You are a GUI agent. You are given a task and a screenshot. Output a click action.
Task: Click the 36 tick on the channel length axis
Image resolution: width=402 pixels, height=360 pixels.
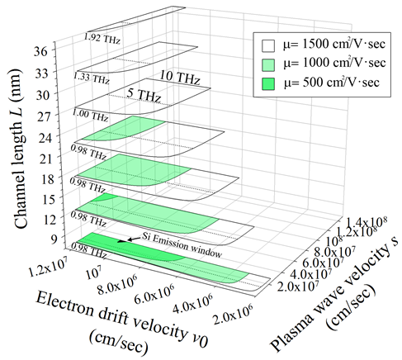click(40, 51)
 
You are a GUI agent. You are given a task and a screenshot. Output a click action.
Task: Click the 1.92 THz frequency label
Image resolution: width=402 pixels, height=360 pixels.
click(102, 39)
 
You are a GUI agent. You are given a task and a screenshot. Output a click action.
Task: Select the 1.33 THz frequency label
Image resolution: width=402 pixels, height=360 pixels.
click(91, 78)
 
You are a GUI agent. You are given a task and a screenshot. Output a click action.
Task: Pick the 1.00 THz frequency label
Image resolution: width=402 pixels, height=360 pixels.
click(90, 115)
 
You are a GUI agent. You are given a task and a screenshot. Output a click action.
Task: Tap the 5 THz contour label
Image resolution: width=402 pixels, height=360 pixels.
click(144, 95)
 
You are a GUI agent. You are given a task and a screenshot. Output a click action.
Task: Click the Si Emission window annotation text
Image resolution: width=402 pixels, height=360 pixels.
click(182, 245)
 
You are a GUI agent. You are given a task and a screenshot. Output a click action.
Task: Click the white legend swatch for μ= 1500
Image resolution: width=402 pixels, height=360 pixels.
click(268, 45)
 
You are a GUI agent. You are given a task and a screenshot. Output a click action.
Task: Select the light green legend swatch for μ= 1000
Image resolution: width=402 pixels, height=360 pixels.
click(268, 65)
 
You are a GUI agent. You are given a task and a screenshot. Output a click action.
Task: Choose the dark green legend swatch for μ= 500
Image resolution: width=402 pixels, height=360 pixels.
click(268, 83)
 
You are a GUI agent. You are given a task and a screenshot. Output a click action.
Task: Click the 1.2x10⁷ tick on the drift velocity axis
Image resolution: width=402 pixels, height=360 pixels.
click(50, 267)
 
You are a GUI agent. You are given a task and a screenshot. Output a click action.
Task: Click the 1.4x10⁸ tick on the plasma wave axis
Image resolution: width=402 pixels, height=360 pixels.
click(366, 221)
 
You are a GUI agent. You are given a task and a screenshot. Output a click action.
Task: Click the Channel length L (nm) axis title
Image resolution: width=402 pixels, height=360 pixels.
click(20, 149)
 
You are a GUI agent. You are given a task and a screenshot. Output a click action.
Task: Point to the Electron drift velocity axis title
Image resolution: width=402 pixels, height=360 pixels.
click(122, 322)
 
